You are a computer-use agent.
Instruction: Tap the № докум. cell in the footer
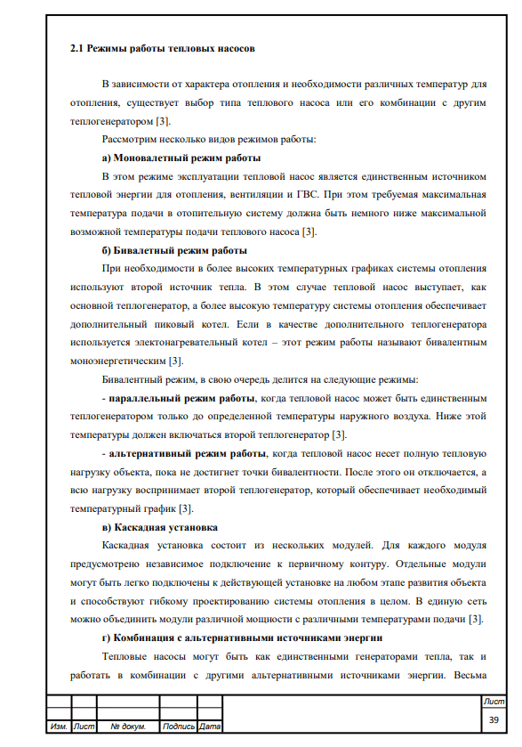point(128,727)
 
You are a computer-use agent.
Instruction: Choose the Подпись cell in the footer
point(180,727)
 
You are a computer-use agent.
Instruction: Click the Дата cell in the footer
point(210,727)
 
